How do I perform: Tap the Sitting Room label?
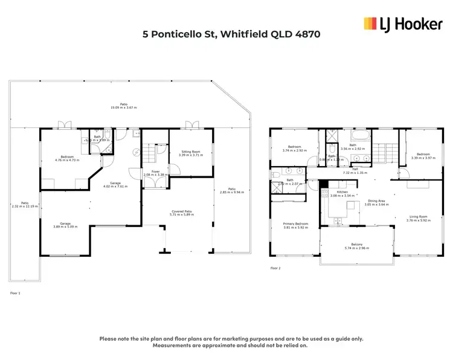coord(190,152)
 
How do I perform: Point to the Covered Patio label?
coord(180,210)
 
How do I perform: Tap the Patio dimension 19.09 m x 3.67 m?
coord(123,108)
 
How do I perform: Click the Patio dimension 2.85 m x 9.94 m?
coord(233,192)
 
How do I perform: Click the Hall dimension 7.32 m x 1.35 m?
coord(355,173)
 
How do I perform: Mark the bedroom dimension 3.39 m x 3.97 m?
coord(423,158)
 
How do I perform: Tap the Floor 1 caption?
coord(16,293)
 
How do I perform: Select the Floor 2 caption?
coord(275,268)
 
